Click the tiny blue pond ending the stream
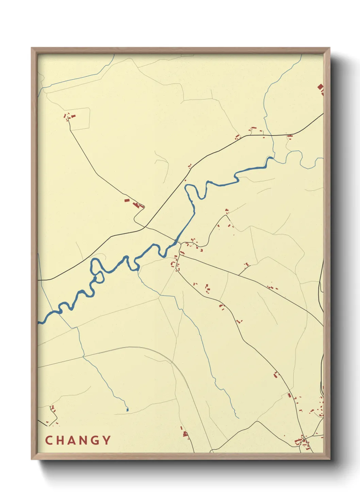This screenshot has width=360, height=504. pyautogui.click(x=127, y=410)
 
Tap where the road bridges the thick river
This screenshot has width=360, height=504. pyautogui.click(x=176, y=242)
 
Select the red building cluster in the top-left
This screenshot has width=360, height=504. pyautogui.click(x=69, y=117)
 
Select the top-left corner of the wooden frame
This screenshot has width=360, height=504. pyautogui.click(x=32, y=48)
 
